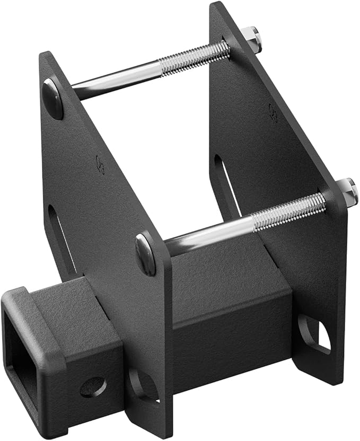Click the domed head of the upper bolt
(53, 99)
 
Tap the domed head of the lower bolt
(145, 254)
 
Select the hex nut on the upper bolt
(253, 39)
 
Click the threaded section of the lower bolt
(289, 211)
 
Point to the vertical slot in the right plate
(225, 180)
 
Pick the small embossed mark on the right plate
(273, 112)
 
